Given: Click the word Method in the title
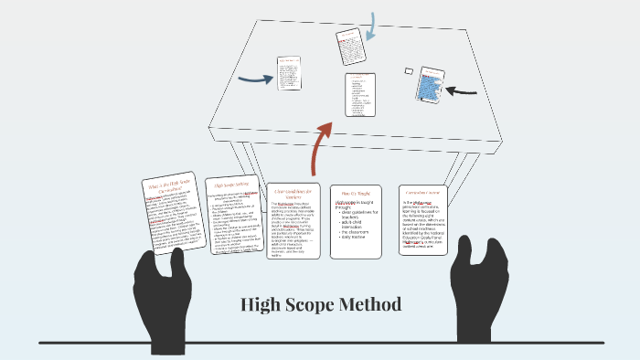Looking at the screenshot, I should coord(368,304).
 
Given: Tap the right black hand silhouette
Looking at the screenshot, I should coord(481,290).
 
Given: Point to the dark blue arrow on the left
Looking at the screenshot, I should coord(255,79).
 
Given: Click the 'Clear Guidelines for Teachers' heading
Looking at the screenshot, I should coord(293,194).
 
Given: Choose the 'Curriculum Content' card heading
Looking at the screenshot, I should coord(422,193).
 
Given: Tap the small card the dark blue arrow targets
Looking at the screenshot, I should coord(289,73).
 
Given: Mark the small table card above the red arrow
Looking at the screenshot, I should coord(359,95).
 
